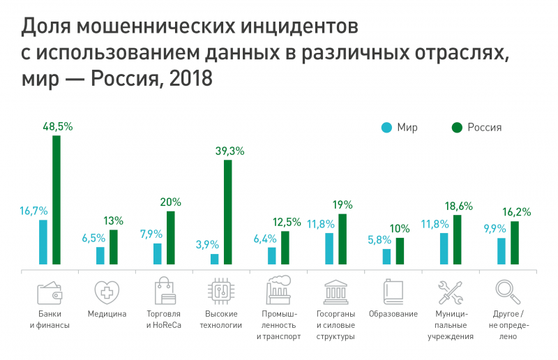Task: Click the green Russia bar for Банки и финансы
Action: pos(56,200)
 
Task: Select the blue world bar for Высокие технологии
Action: pos(215,259)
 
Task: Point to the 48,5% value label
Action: pos(56,126)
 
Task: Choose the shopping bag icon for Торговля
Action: pos(164,290)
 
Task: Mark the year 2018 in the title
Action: pos(189,79)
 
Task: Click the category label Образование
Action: pos(393,314)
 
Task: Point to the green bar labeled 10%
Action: pos(400,251)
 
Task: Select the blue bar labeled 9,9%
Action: pos(502,251)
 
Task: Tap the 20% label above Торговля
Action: pos(171,202)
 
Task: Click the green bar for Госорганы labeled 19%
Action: pos(342,239)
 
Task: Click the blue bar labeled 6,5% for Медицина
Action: pos(100,255)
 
